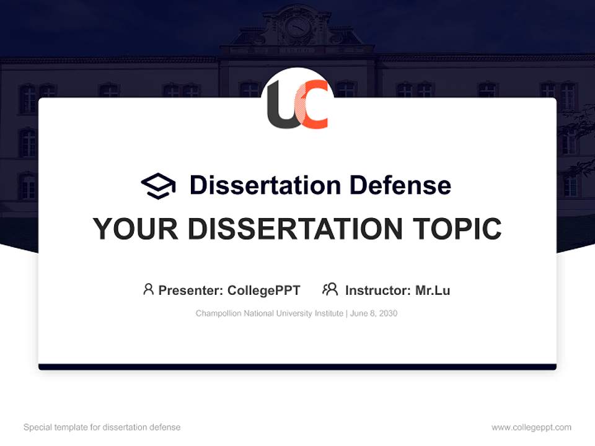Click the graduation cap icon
(158, 185)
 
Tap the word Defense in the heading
(400, 185)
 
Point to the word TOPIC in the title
(457, 229)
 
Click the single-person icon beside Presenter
(148, 289)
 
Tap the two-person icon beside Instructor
(330, 289)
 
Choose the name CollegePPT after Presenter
(264, 291)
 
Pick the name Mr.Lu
(433, 291)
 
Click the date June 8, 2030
(373, 313)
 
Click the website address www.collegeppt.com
(531, 427)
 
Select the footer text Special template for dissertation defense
(102, 427)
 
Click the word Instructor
(378, 291)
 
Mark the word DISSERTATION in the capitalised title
(295, 229)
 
